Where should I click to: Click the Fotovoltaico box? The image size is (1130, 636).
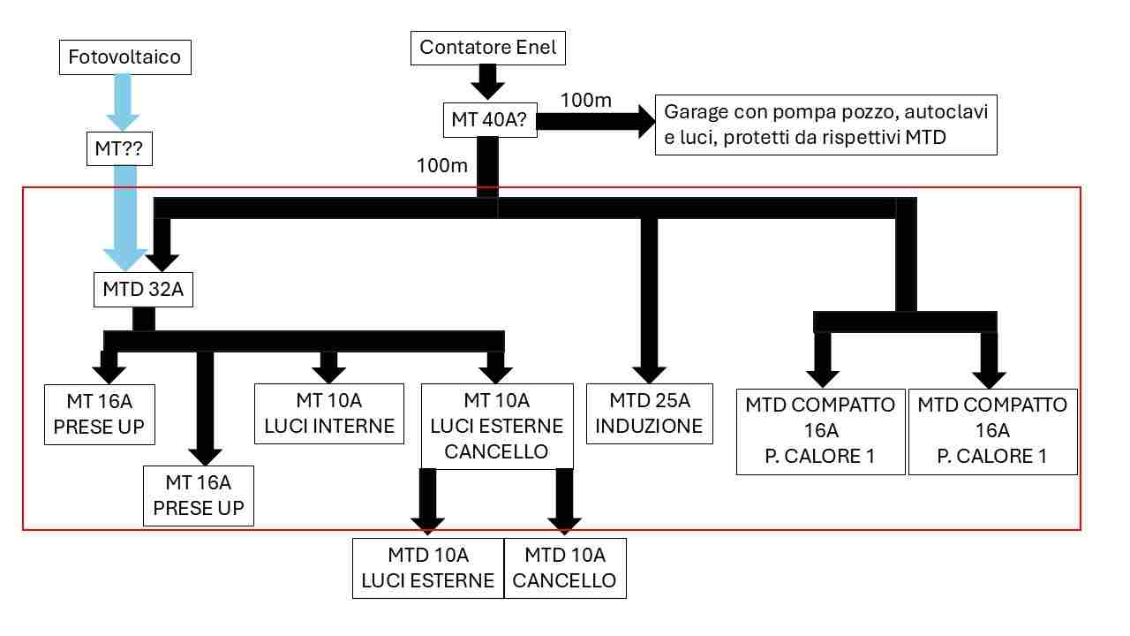pos(125,57)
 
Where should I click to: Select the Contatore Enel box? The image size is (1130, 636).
pos(488,48)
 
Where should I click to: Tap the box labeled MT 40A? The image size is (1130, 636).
pos(490,119)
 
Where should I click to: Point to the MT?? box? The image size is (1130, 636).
pos(119,149)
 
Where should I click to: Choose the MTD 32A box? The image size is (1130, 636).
pos(143,290)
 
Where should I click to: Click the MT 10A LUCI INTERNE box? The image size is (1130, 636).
pos(329,414)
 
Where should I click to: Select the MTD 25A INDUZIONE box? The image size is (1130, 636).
pos(649,414)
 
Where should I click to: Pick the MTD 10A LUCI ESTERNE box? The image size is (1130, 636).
pos(428,568)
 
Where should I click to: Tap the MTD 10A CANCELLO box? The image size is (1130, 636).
pos(565,568)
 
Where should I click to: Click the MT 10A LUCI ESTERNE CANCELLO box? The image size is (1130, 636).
pos(497,426)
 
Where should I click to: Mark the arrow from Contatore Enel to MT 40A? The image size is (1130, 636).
pos(488,82)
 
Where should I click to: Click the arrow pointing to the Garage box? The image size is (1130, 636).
pos(596,122)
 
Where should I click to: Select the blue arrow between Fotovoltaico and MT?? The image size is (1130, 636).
pos(123,102)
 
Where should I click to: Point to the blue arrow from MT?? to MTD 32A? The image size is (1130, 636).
pos(125,218)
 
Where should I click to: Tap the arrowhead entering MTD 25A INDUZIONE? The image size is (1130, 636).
pos(649,375)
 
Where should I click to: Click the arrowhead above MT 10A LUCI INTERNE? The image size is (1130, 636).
pos(329,375)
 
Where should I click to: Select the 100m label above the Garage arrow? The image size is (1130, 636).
pos(585,100)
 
